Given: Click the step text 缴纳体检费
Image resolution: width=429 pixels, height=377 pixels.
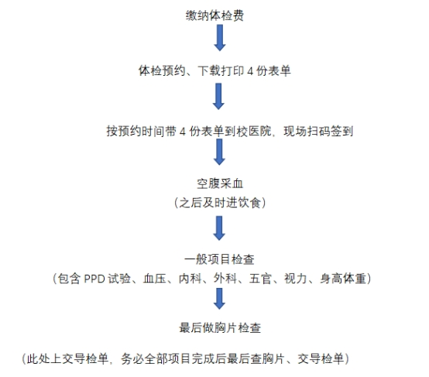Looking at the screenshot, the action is (x=214, y=15).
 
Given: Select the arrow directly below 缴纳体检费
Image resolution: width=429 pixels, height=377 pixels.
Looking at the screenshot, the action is (x=220, y=38).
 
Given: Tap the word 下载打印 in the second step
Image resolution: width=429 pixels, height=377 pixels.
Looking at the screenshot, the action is (x=221, y=71).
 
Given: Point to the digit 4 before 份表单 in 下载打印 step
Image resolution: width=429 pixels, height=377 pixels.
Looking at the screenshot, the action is (x=250, y=71).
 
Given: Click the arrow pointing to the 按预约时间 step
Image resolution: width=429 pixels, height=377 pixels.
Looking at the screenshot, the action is (x=218, y=97).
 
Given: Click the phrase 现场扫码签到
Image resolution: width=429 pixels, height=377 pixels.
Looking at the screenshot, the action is (x=318, y=132).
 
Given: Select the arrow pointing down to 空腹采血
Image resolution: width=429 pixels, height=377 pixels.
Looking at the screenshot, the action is (x=219, y=152).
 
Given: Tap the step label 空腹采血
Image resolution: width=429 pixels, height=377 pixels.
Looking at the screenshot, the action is (x=220, y=183).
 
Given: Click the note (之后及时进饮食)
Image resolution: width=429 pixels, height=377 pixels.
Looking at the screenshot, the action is (x=220, y=203).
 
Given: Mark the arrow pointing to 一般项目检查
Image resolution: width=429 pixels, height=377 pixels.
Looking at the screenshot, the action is (x=219, y=228).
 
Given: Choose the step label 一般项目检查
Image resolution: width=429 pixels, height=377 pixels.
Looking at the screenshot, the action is (x=219, y=259).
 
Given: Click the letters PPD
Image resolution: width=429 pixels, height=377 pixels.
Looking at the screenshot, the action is (x=94, y=279).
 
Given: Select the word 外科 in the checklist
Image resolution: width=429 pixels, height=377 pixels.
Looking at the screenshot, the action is (x=225, y=279).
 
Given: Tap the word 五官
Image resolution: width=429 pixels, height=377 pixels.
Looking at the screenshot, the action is (x=260, y=279).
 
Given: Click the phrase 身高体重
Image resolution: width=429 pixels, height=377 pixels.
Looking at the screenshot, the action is (x=343, y=279).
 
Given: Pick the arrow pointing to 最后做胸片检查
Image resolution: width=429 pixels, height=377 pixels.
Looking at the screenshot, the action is (x=219, y=299).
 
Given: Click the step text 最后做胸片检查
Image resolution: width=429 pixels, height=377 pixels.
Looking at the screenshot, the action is (x=220, y=327).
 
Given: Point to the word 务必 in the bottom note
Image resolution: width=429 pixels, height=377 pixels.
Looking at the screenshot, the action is (x=132, y=358).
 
